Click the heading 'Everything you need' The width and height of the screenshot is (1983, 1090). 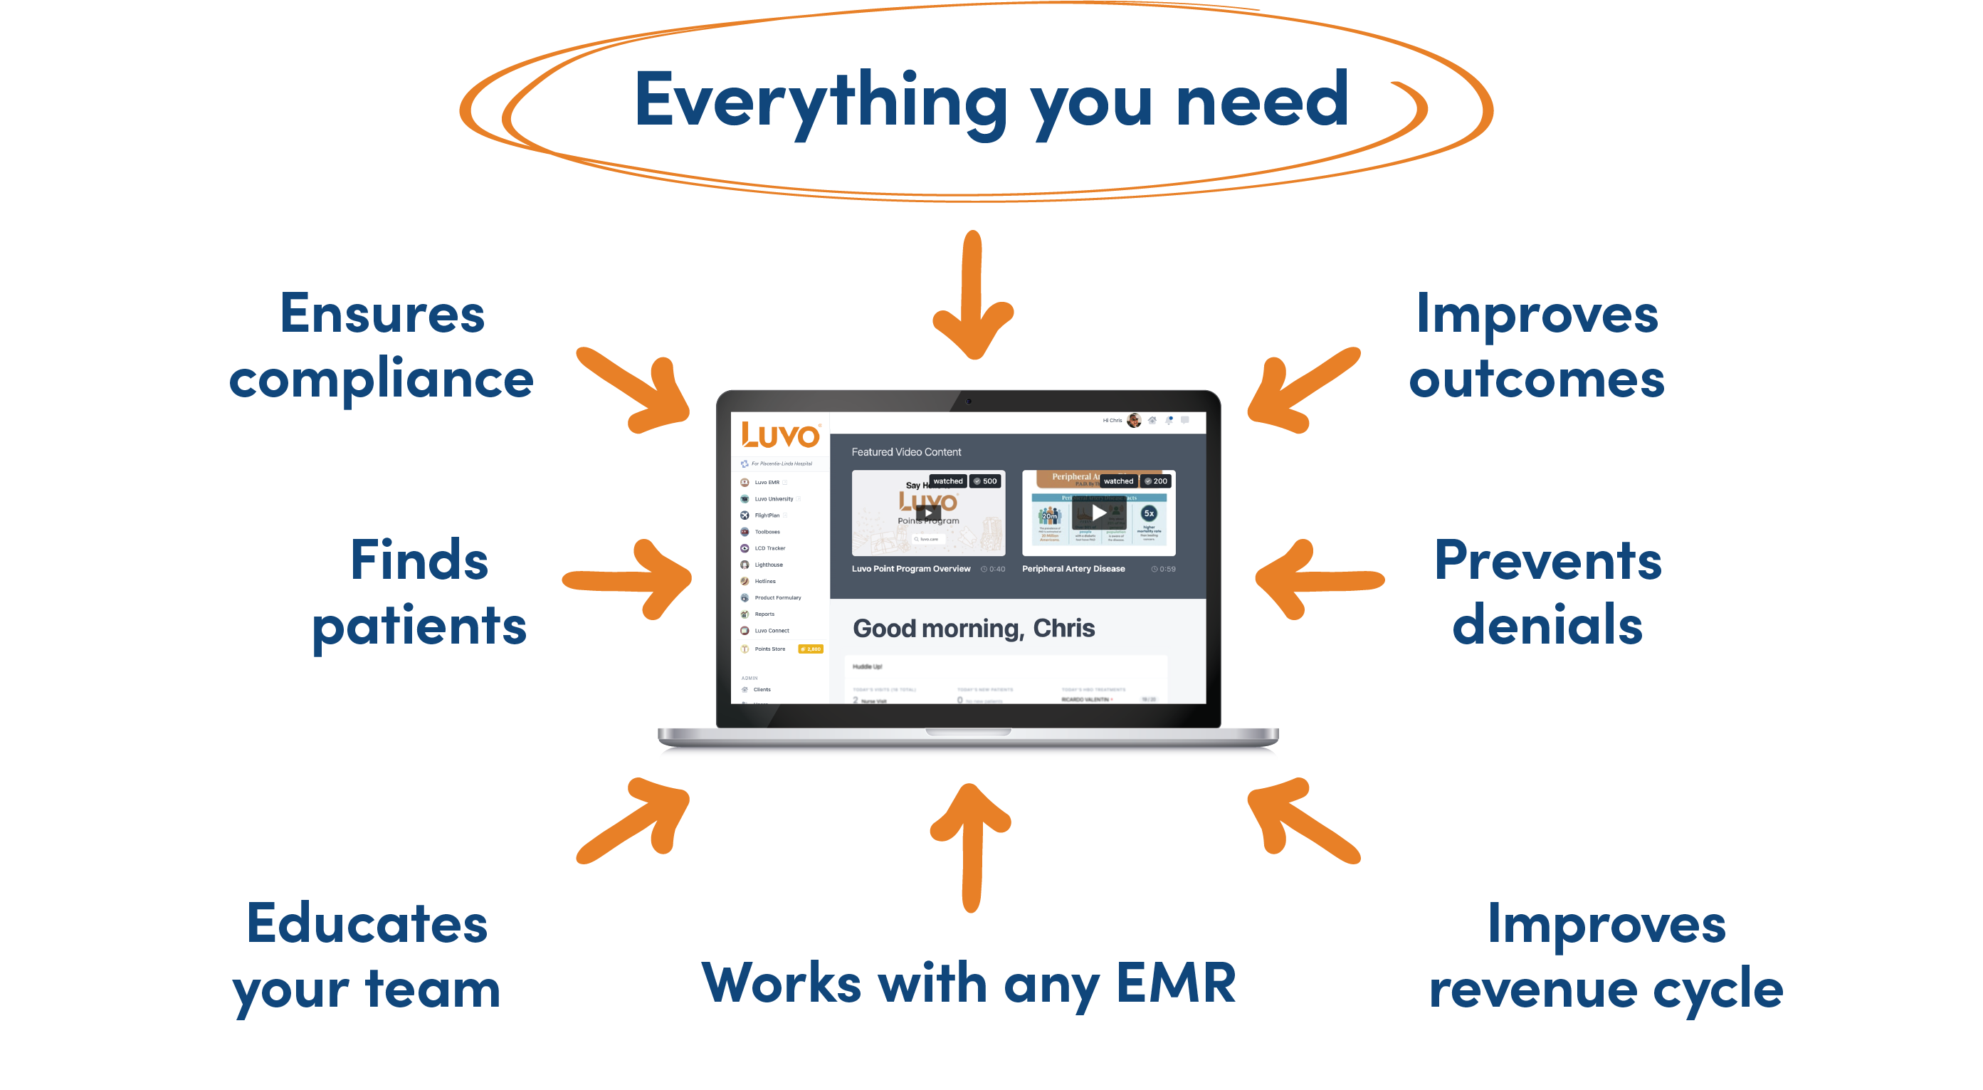[991, 100]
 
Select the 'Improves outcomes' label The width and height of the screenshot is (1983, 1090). [1537, 347]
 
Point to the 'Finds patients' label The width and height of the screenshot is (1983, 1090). [419, 593]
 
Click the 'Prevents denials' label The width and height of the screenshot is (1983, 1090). [1547, 593]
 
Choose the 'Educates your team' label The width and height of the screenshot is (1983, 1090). [367, 956]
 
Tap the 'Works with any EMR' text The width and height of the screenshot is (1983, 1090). [969, 984]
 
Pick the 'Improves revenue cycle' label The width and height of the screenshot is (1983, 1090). [1606, 956]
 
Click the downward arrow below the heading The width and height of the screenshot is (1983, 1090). [973, 296]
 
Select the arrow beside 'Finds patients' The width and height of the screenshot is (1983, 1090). [627, 579]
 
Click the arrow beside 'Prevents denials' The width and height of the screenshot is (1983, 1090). [1319, 579]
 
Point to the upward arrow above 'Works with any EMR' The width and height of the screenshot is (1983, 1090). [971, 847]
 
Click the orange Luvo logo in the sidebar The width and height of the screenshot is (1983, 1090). [781, 436]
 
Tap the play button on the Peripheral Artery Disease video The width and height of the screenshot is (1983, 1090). [1098, 513]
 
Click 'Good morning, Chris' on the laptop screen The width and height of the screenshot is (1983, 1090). [974, 628]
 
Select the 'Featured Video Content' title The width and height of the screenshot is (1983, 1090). [906, 452]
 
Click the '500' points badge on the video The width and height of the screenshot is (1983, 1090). [985, 481]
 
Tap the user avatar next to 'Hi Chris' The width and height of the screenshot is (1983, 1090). [1134, 420]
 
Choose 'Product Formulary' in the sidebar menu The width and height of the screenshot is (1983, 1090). [777, 597]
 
